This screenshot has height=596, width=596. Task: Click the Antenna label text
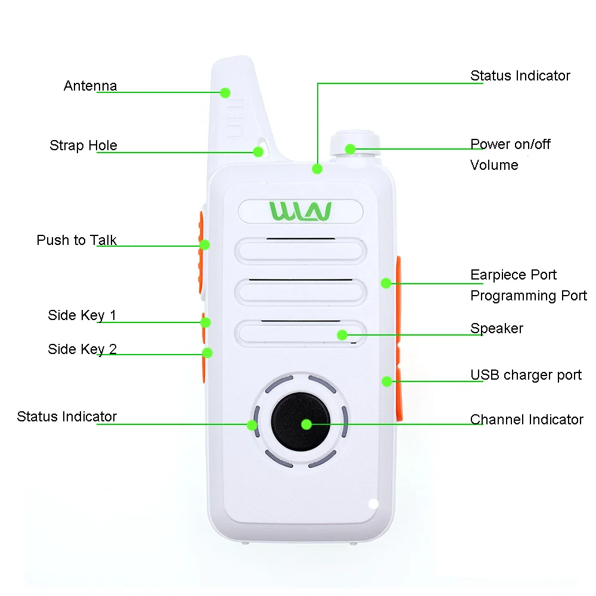tap(90, 86)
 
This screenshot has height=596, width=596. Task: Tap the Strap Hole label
tap(83, 145)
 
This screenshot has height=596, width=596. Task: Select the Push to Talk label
tap(76, 240)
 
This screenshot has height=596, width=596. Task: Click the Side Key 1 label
tap(82, 315)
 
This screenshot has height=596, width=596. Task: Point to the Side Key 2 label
tap(82, 349)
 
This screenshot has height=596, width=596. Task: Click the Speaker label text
tap(496, 328)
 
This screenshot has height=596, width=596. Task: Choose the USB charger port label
tap(526, 375)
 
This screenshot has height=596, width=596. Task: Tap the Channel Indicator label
tap(526, 420)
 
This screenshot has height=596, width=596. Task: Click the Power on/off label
tap(510, 144)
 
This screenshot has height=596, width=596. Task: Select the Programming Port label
tap(528, 296)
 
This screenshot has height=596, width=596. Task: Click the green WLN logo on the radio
tap(300, 211)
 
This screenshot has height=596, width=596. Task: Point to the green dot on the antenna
tap(225, 92)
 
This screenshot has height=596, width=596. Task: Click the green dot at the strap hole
tap(258, 151)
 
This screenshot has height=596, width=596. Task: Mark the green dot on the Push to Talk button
tap(204, 244)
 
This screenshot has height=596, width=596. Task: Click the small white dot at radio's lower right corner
tap(374, 504)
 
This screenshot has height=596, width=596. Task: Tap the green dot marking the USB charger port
tap(387, 381)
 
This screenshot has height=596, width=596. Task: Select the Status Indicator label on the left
tap(67, 417)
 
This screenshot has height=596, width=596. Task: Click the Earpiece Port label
tap(513, 275)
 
